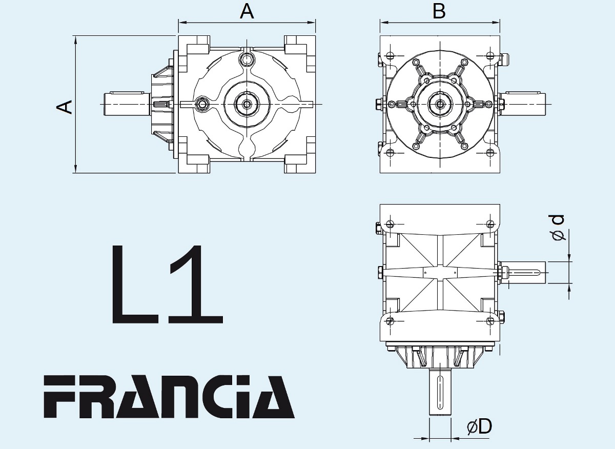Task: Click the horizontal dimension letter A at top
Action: click(247, 12)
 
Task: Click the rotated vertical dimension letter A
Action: click(64, 107)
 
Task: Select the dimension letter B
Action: click(439, 12)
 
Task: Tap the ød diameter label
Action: click(557, 228)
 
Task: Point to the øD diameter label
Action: click(479, 426)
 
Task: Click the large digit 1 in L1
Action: click(196, 284)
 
